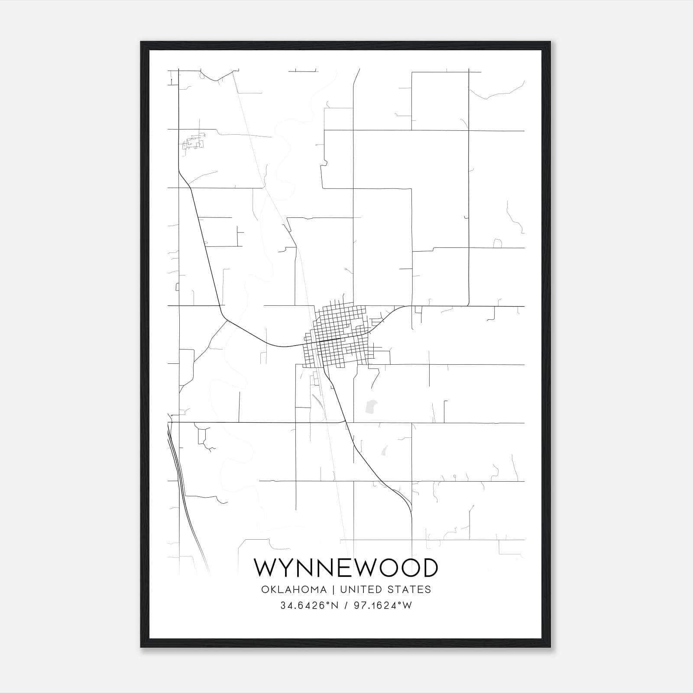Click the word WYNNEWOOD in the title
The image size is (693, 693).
point(346,568)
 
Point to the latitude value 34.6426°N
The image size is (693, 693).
point(308,606)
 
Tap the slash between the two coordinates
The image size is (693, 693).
point(346,606)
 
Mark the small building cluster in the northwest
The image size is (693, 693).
point(193,142)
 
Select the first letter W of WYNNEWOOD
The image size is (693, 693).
point(265,568)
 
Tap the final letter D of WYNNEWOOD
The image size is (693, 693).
point(429,568)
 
